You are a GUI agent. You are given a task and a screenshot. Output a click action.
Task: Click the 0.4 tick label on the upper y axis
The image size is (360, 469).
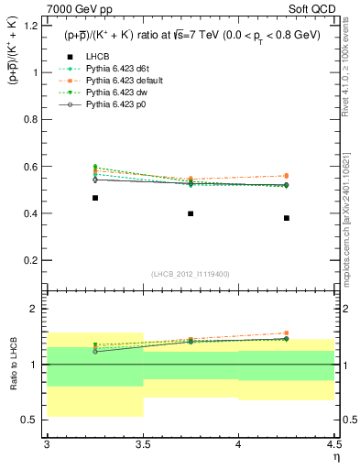coord(32,214)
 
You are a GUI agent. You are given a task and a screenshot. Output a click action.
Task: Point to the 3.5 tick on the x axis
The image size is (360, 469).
coord(143,444)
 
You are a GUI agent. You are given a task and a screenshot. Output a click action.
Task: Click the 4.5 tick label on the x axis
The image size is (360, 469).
coord(333,444)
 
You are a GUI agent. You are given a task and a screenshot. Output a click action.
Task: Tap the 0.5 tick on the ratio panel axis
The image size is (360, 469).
coord(32,420)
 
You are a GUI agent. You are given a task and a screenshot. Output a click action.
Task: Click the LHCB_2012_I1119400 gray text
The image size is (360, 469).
coord(191,274)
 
